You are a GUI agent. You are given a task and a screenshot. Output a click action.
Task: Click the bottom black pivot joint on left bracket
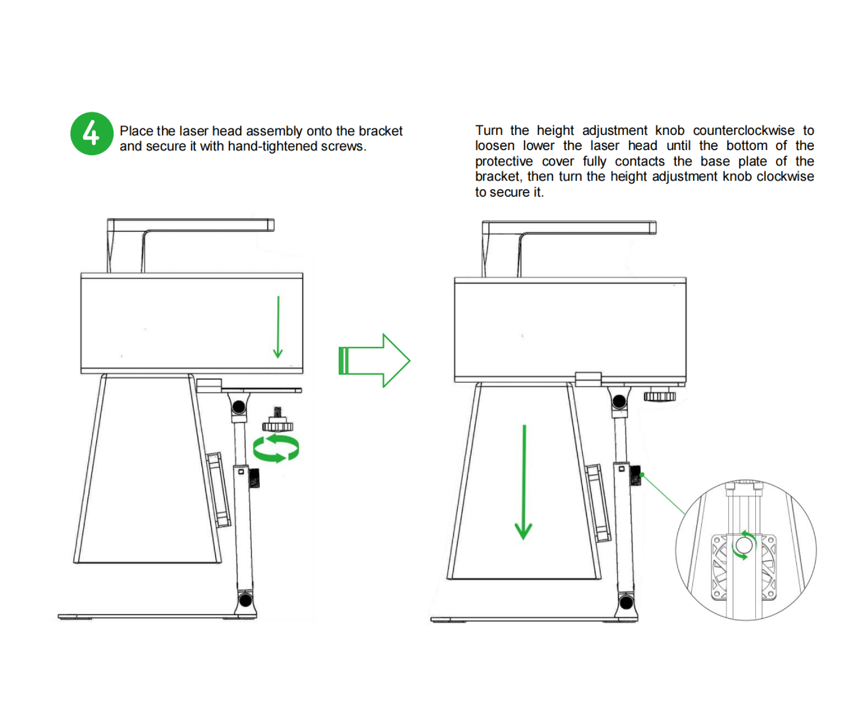point(245,600)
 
